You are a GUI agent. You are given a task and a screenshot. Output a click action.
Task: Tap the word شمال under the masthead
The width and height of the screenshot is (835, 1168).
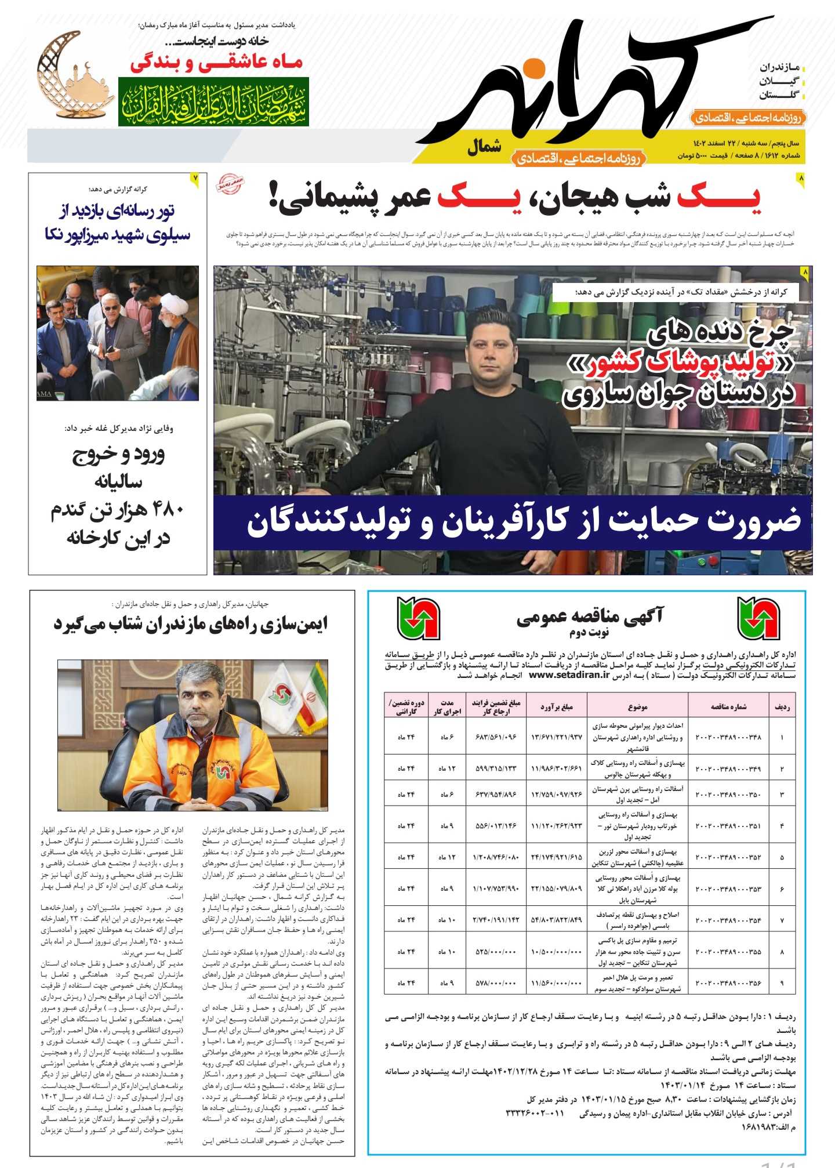tap(484, 147)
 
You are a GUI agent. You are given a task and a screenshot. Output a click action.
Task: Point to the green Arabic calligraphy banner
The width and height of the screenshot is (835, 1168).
tap(213, 102)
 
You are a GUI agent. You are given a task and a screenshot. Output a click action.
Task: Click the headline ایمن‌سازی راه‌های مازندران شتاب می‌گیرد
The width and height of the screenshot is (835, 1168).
tap(191, 624)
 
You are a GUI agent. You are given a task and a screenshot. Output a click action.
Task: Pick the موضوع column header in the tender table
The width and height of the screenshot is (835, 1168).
tap(637, 706)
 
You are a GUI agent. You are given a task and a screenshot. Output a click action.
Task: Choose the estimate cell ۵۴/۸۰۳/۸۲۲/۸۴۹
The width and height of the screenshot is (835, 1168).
tap(556, 920)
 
